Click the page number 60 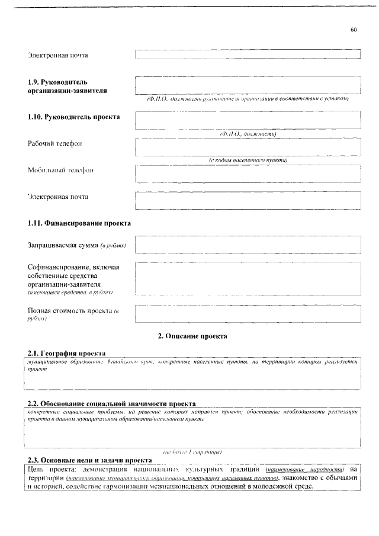point(354,30)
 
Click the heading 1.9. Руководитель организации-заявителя point(66,85)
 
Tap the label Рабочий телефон point(54,144)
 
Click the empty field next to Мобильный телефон point(248,174)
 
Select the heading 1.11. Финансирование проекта point(79,223)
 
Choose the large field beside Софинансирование point(248,277)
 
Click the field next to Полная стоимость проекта point(248,313)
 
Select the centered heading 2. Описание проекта point(192,336)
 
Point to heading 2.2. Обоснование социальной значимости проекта point(111,403)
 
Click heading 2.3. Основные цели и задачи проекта point(90,460)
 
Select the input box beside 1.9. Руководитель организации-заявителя point(248,85)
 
